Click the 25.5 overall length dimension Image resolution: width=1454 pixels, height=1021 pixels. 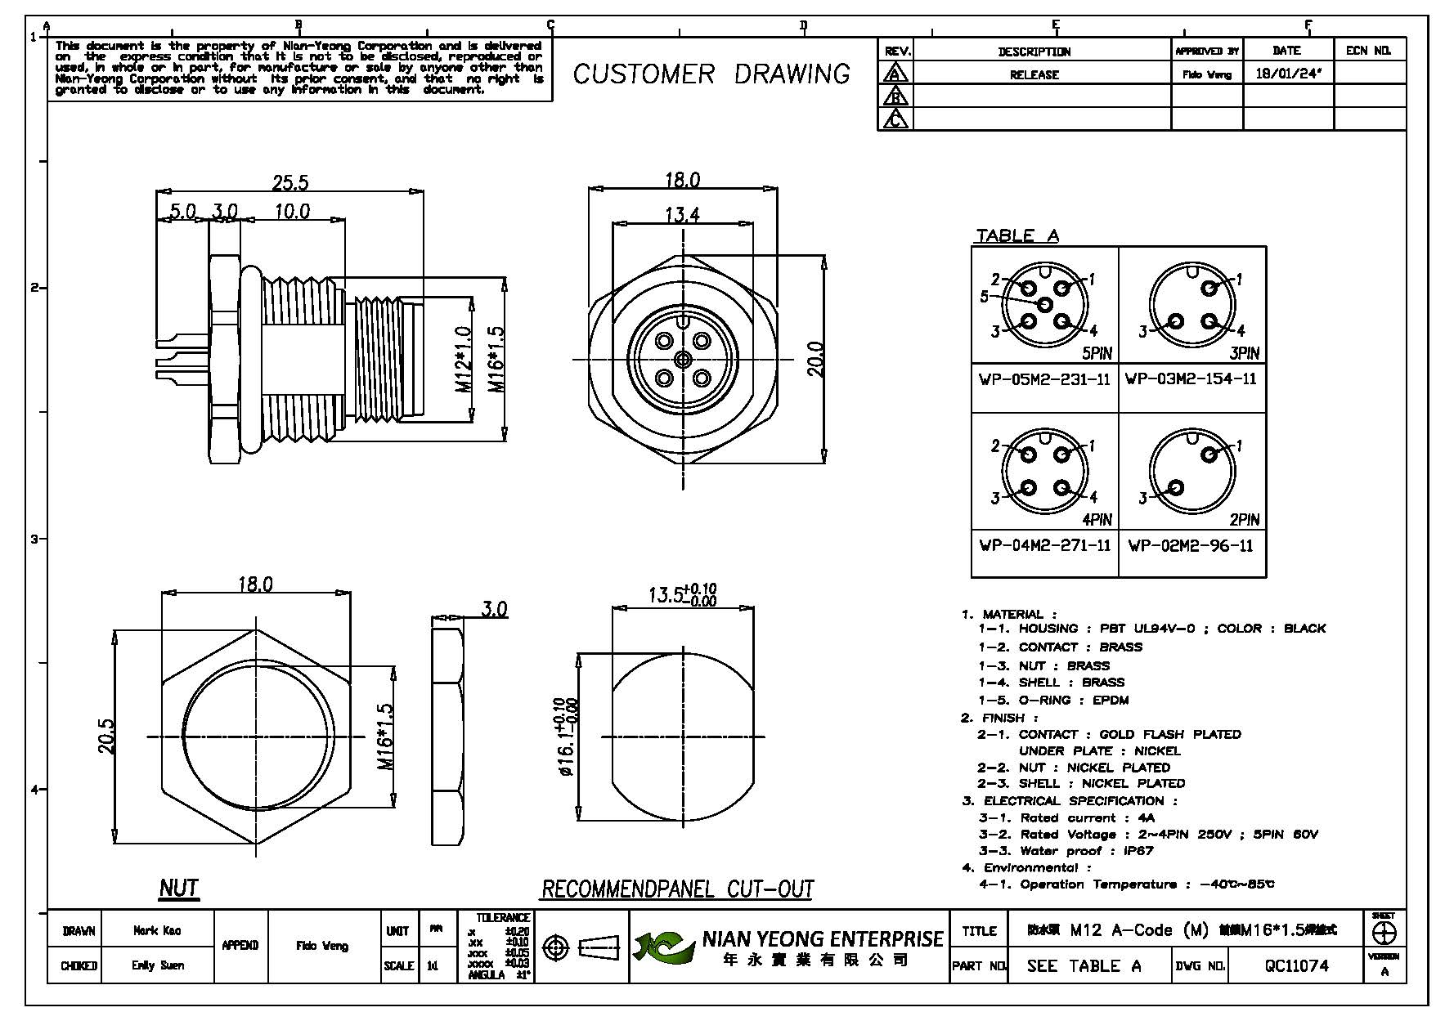click(290, 182)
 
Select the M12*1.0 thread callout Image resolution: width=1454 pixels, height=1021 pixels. click(463, 360)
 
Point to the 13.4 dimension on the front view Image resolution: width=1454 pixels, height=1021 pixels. click(682, 215)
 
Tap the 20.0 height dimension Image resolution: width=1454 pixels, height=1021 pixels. click(815, 360)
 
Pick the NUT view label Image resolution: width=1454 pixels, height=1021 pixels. click(178, 888)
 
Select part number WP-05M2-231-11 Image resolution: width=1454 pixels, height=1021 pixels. click(1044, 379)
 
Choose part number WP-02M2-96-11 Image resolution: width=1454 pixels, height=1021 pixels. click(1191, 545)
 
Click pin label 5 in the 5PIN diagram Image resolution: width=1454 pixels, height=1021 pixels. click(985, 297)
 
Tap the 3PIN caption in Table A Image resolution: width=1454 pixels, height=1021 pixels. click(1244, 353)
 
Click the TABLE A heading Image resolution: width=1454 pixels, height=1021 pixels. click(1017, 235)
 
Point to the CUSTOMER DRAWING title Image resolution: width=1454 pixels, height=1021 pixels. click(711, 74)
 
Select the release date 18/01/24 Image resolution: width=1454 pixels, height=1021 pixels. click(1288, 74)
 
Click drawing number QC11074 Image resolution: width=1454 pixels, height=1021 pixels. click(1297, 965)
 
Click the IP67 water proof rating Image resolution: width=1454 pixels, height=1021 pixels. click(1138, 850)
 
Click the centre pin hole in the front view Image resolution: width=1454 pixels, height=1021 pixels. click(682, 359)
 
